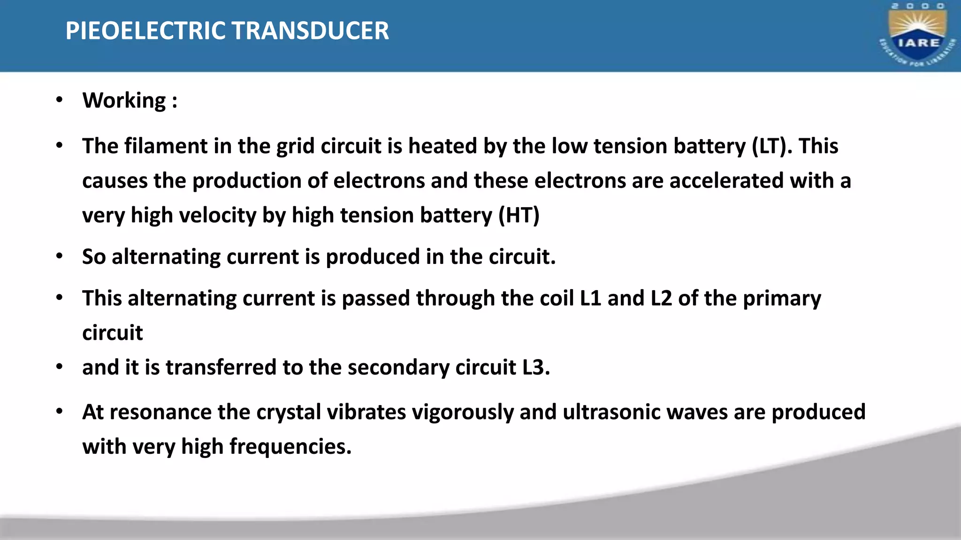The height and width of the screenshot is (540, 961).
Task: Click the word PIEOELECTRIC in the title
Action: (145, 31)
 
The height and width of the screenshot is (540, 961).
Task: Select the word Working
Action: (124, 101)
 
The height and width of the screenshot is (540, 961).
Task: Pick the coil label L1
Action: (591, 299)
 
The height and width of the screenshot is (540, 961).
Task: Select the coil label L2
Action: (661, 299)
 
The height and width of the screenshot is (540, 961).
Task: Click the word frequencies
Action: (290, 447)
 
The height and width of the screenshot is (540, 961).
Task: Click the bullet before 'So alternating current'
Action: (59, 256)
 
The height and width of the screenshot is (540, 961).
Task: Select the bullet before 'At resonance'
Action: (59, 412)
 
